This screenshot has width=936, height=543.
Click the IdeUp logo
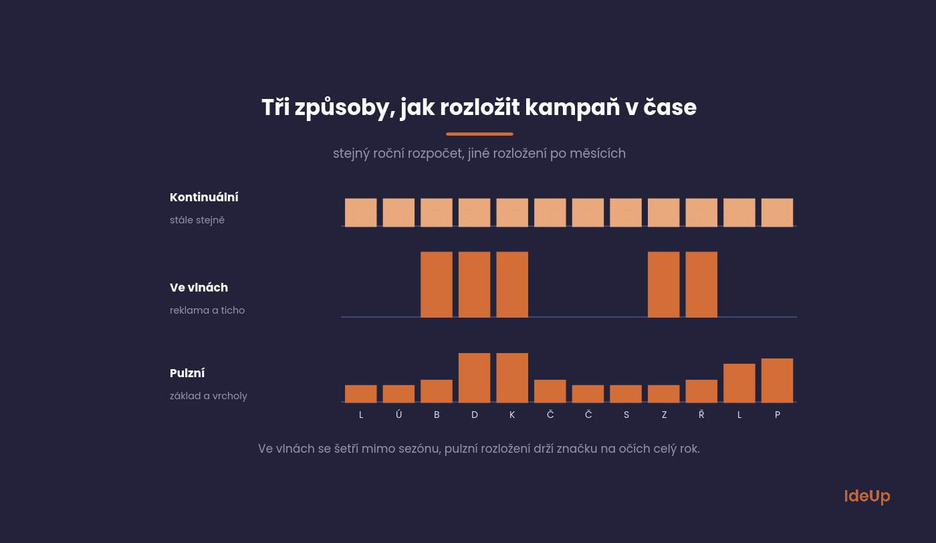coord(867,496)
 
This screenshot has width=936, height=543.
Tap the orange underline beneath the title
coord(479,134)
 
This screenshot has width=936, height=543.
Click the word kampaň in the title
coord(572,108)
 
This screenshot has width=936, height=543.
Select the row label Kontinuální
coord(204,197)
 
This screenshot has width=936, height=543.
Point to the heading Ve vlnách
coord(199,288)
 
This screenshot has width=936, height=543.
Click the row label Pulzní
coord(187,373)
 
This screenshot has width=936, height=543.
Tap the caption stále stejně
coord(197,220)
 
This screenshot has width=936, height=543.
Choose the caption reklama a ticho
coord(207,310)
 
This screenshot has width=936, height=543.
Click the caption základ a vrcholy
coord(209,396)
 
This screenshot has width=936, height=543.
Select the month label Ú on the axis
coord(398,414)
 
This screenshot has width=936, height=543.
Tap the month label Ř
coord(701,414)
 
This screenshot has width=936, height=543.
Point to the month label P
coord(777,415)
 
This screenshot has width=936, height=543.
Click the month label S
coord(626,415)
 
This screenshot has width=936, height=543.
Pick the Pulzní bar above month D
coord(474,378)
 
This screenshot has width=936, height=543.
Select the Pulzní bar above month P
coord(777,381)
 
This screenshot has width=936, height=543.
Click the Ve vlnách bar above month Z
coord(663,284)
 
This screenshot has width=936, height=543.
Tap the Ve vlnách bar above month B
coord(436,284)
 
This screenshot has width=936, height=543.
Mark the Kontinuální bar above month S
coord(626,213)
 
